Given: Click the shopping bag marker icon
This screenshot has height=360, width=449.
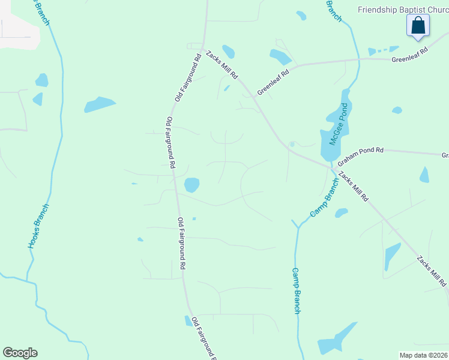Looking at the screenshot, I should pos(418,26).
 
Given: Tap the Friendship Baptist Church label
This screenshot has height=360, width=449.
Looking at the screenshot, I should pos(403,10).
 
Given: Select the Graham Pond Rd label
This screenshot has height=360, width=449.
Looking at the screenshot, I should pos(360,158).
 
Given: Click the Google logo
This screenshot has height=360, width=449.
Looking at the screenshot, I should pos(20,353).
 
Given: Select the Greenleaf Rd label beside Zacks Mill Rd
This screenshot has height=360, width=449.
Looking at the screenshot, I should pos(273,82).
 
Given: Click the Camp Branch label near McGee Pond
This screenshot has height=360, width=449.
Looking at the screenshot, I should pos(325,199).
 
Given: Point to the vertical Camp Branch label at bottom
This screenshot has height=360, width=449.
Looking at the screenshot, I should pos(296,290).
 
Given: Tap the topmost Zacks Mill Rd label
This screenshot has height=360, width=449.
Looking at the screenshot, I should pos(222,65).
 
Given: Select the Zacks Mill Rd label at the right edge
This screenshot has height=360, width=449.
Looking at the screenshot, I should pos(432,271).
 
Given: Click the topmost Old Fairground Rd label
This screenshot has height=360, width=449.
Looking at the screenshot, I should pos(187,78).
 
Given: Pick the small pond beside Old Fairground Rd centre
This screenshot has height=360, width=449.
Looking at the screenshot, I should pos(191,185).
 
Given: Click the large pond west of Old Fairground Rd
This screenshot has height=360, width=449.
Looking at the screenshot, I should pos(100,104).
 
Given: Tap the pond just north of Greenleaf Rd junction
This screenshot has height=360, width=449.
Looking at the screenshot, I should pos(280,57).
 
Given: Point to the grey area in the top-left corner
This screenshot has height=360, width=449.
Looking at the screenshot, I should pos(18,27).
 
